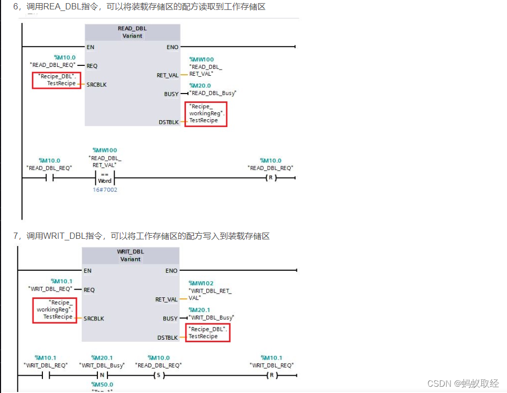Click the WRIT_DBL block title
point(130,251)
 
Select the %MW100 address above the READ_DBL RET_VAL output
point(201,60)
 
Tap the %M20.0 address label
point(200,85)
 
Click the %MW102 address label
point(201,283)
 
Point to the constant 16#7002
point(105,190)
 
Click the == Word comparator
point(105,178)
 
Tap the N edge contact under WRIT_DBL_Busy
point(102,375)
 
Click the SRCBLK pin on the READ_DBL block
point(96,84)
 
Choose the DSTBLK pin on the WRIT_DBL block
point(168,338)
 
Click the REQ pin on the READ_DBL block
point(92,66)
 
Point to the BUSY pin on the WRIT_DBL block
point(170,318)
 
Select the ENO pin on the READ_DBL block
point(172,47)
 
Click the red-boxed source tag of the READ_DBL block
point(57,80)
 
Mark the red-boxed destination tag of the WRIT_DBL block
point(208,333)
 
